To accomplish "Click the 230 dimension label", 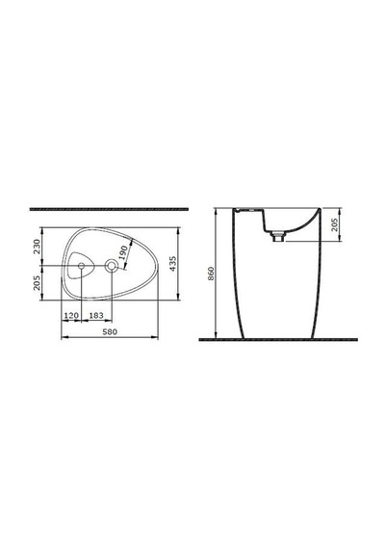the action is (x=38, y=247).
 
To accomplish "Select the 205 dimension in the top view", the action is (x=38, y=282).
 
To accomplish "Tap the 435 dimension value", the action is (x=173, y=264).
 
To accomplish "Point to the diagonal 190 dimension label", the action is (x=123, y=252).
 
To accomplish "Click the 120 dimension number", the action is (x=71, y=316).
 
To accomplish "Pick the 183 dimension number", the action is (x=96, y=316).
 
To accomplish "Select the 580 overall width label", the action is (x=110, y=331).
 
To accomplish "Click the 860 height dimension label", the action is (x=211, y=274).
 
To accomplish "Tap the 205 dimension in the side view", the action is (x=335, y=224).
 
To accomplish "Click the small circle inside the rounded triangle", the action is (x=81, y=266).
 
